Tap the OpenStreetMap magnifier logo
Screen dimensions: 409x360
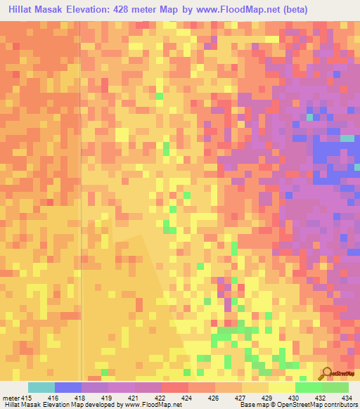click(x=328, y=374)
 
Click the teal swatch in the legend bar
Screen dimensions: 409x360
click(x=41, y=387)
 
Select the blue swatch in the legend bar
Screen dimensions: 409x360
click(x=67, y=387)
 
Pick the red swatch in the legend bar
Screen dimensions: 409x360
click(x=174, y=387)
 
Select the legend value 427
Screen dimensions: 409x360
click(x=240, y=397)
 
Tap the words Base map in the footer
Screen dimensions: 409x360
click(x=249, y=405)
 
